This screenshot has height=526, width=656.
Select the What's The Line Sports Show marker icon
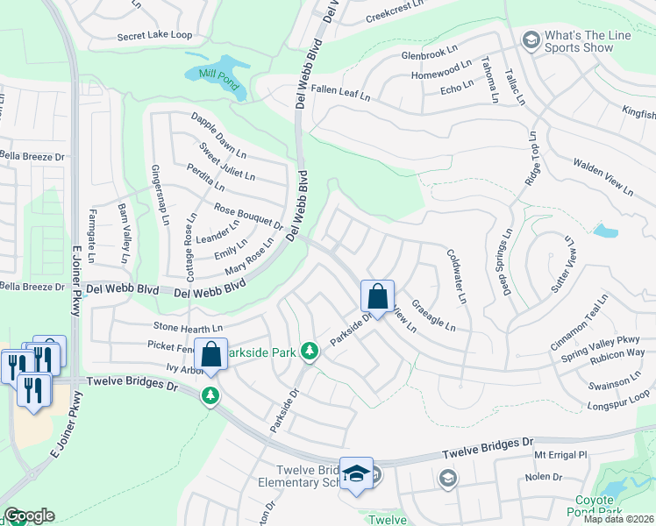531,40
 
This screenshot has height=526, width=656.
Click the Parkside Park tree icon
309,352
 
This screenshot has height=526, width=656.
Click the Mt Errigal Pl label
559,456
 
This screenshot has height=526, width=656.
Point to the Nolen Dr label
543,476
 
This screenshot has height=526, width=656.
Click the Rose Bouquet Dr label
248,217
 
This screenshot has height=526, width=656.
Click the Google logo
29,515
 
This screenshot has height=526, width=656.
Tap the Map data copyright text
618,519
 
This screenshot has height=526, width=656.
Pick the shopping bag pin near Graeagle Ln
377,296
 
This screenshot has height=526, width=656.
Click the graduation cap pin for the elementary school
356,473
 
